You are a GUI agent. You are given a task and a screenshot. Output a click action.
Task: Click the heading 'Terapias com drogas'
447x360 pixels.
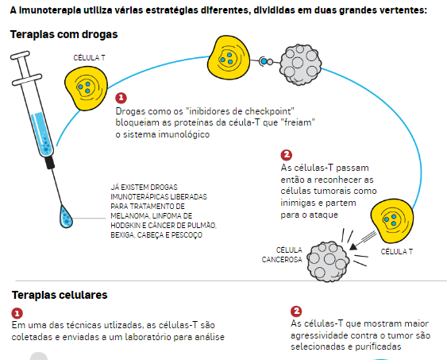click(x=64, y=34)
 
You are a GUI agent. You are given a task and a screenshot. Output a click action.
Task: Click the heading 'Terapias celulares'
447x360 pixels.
click(x=60, y=295)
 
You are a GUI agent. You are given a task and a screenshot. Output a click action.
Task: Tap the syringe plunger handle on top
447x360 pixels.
click(x=20, y=55)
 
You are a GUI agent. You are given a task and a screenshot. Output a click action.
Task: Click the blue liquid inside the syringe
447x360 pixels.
click(x=42, y=134)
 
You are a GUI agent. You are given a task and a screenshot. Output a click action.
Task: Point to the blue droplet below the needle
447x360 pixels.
click(x=65, y=217)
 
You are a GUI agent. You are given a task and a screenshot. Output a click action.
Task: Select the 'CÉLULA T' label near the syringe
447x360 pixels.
click(x=89, y=58)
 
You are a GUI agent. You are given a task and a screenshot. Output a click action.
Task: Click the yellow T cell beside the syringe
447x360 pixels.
click(x=86, y=88)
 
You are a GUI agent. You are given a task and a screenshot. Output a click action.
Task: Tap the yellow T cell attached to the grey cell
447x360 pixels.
click(x=229, y=58)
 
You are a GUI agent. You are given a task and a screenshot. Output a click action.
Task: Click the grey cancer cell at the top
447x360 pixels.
click(x=300, y=64)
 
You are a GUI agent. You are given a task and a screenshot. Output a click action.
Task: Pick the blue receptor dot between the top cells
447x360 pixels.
click(x=264, y=61)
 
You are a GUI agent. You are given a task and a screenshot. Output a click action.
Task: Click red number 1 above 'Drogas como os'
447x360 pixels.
click(x=121, y=98)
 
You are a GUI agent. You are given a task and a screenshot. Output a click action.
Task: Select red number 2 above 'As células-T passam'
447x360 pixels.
click(x=286, y=155)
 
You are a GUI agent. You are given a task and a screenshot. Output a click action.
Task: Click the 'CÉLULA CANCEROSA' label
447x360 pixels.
click(x=282, y=255)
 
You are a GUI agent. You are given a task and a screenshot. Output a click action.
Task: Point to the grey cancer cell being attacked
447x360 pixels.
click(x=328, y=261)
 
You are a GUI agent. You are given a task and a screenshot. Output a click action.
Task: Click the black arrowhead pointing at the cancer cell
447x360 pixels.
click(x=353, y=246)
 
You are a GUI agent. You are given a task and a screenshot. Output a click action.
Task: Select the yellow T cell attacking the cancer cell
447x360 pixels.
click(x=392, y=220)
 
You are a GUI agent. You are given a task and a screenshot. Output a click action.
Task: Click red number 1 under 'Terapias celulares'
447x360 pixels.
click(x=17, y=313)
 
